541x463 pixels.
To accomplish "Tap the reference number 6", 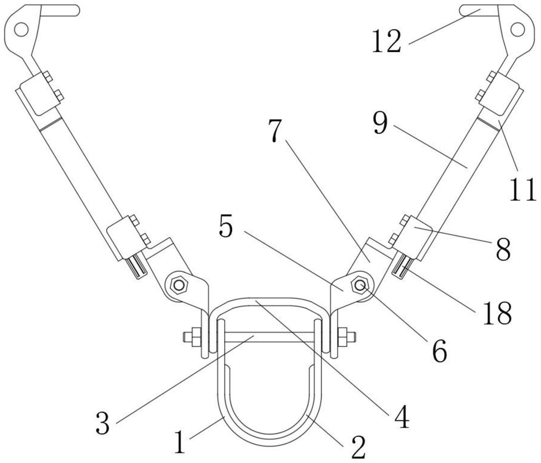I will (x=440, y=351).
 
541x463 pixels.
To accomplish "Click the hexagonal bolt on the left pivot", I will (x=179, y=285).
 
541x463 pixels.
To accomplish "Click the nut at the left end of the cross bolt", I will (x=196, y=337).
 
